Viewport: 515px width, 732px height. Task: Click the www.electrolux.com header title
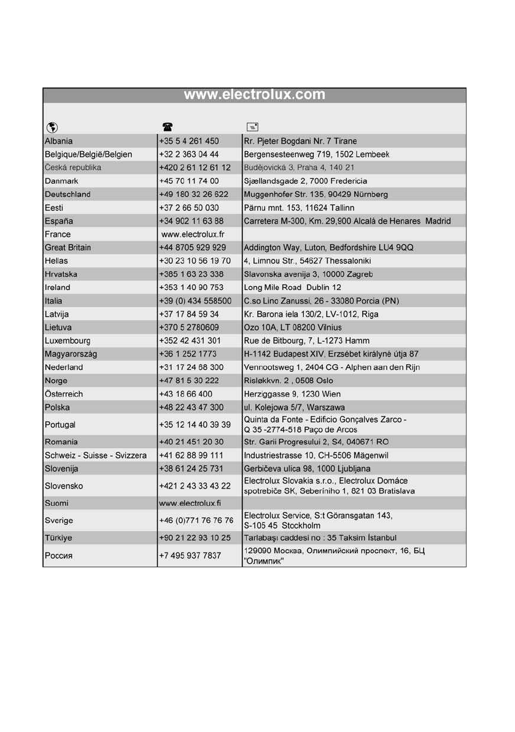click(x=254, y=95)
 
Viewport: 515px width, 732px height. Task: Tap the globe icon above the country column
click(x=52, y=127)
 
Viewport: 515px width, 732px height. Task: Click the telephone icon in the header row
click(x=168, y=127)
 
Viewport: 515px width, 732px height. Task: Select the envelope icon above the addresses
click(x=252, y=127)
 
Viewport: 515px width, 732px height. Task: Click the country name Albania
click(x=59, y=141)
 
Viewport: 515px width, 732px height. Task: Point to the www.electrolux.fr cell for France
click(x=193, y=234)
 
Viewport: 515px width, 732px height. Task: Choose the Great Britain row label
click(x=68, y=248)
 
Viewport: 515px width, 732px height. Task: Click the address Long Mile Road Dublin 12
click(x=292, y=287)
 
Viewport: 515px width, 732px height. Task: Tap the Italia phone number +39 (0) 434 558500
click(x=195, y=301)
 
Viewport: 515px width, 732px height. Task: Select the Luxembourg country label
click(x=68, y=340)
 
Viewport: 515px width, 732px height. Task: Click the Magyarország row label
click(x=71, y=354)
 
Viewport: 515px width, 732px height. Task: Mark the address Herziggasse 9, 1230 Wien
click(x=292, y=394)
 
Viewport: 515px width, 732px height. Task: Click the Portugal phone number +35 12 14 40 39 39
click(x=195, y=425)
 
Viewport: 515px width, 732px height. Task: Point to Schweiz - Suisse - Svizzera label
click(x=96, y=455)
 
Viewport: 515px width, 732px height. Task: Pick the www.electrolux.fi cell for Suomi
click(x=191, y=503)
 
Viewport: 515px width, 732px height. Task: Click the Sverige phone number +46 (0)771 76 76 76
click(x=196, y=521)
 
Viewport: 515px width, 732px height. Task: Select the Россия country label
click(x=59, y=556)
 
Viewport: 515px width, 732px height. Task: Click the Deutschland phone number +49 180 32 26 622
click(x=193, y=194)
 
